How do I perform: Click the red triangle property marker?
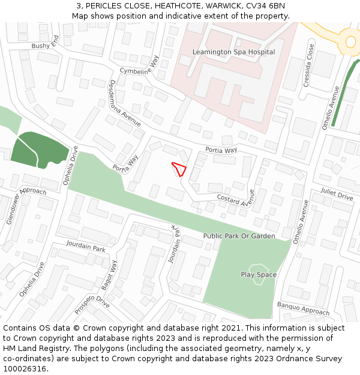[179, 169]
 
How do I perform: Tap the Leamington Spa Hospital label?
[233, 52]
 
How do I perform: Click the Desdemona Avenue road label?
[124, 103]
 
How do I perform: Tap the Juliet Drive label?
[337, 194]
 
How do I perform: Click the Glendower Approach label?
[26, 205]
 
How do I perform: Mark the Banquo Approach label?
[303, 309]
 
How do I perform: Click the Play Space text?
[259, 275]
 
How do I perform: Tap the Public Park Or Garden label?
[239, 236]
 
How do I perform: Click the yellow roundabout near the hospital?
[350, 41]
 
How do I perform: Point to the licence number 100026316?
[25, 369]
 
